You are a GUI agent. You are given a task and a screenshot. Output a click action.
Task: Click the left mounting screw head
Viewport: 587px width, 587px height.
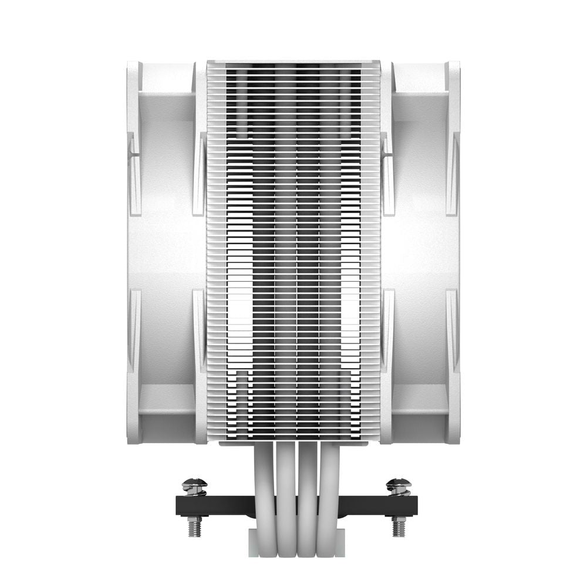[x=194, y=485]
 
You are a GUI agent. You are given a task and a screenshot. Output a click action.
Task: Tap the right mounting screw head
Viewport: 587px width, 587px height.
[x=399, y=485]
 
